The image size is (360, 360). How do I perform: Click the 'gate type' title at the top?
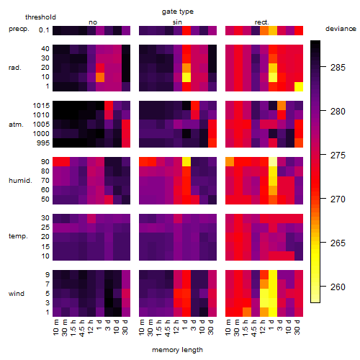[x=178, y=12]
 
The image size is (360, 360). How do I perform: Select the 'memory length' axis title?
[x=177, y=350]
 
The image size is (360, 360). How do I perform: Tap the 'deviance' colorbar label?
[x=341, y=29]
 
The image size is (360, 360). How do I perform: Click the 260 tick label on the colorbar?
[x=338, y=287]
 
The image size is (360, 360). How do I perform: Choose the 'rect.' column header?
[x=261, y=22]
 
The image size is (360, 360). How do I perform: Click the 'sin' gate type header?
[x=177, y=22]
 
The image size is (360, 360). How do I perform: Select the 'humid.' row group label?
[x=20, y=181]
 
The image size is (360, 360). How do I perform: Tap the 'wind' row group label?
[x=17, y=294]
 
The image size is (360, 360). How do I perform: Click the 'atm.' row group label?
[x=16, y=125]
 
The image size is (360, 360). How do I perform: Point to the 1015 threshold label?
[x=41, y=106]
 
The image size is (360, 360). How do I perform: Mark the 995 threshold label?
[x=43, y=143]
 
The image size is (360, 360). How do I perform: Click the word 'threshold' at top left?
[x=40, y=17]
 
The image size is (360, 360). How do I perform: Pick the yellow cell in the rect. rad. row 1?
[x=299, y=86]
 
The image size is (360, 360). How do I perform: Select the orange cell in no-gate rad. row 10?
[x=100, y=77]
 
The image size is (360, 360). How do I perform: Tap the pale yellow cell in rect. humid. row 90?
[x=273, y=162]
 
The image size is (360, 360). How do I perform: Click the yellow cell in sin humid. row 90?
[x=186, y=162]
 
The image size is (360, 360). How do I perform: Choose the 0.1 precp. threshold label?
[x=44, y=30]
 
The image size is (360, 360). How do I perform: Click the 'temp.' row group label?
[x=18, y=236]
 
